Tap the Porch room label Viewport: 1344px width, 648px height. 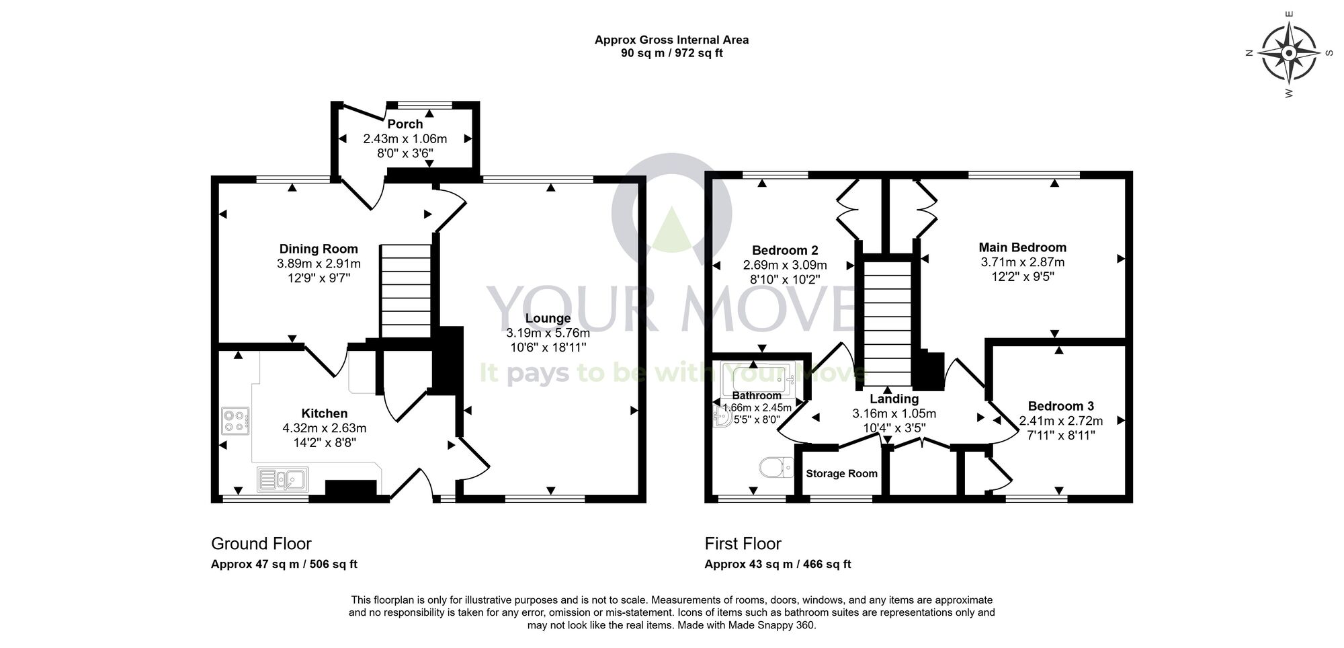pos(405,124)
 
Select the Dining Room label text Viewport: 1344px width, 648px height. pos(319,249)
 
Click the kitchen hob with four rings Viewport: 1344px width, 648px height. pos(235,421)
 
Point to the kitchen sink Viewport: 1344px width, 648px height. pos(283,479)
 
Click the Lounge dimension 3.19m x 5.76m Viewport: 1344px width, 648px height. pos(548,333)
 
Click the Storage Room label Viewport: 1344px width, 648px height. pos(841,473)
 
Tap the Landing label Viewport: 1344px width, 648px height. pos(894,399)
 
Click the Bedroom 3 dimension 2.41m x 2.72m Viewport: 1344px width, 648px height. pos(1060,421)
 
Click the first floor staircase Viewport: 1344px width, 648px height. pos(887,323)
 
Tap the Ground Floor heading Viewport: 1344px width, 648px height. pos(261,543)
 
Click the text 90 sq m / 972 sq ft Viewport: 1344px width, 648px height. pos(671,54)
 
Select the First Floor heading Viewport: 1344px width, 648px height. pos(743,543)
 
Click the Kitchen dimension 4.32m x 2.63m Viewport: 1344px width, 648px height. pos(325,428)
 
